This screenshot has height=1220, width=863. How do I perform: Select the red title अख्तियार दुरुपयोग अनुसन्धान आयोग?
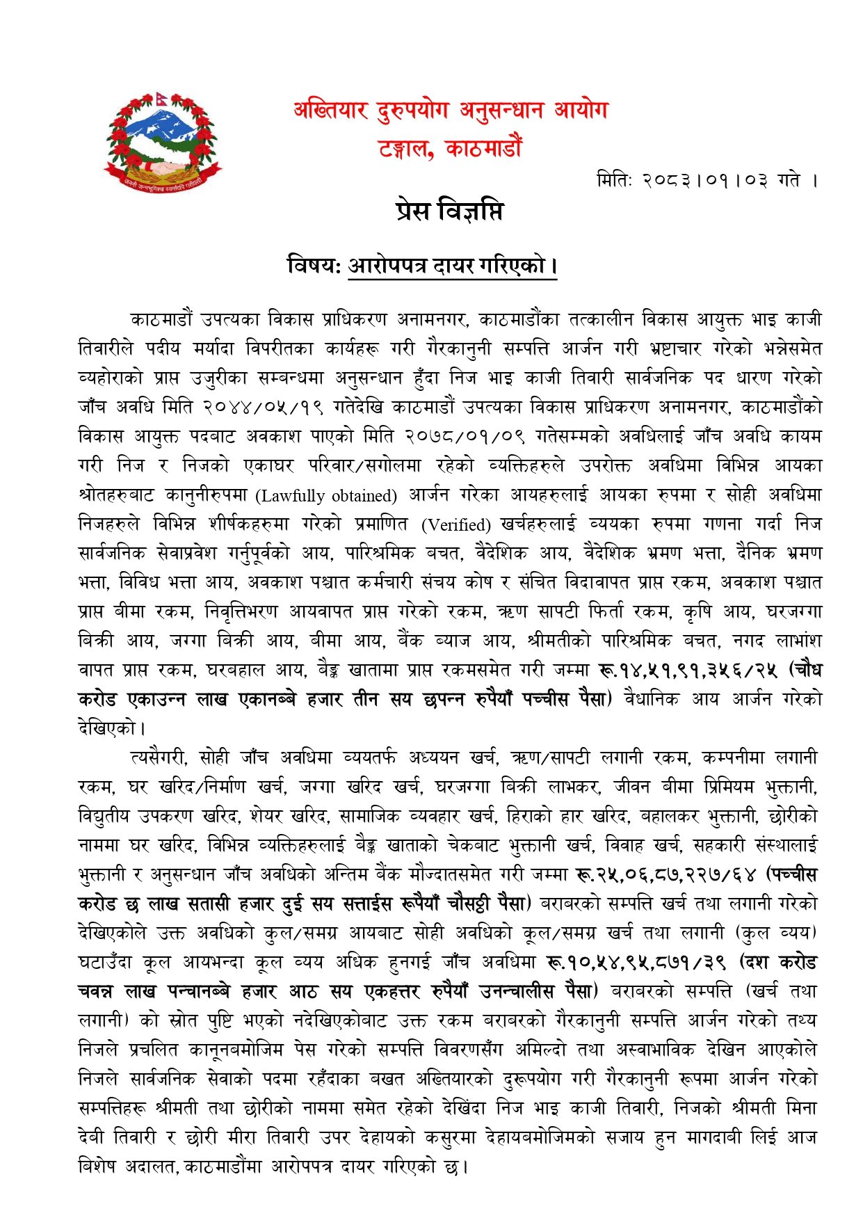pyautogui.click(x=450, y=111)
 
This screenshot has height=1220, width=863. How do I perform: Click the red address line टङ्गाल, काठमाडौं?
pyautogui.click(x=450, y=148)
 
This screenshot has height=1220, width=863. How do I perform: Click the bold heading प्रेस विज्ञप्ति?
pyautogui.click(x=449, y=211)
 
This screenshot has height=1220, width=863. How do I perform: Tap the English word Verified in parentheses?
pyautogui.click(x=456, y=524)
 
